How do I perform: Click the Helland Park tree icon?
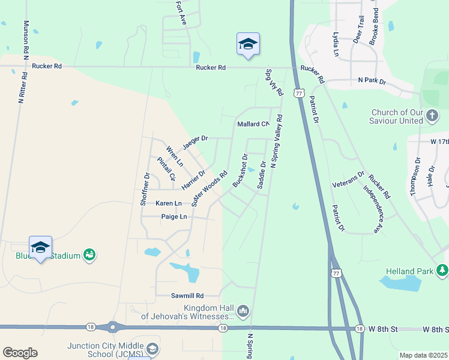(x=442, y=271)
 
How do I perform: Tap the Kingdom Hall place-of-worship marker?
(x=243, y=311)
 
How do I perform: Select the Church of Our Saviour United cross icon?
(x=431, y=116)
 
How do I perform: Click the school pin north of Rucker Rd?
(x=248, y=44)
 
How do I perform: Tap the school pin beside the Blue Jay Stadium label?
(x=41, y=248)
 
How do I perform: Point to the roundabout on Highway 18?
(x=112, y=328)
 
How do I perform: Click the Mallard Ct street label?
(x=253, y=125)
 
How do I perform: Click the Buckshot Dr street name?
(x=240, y=171)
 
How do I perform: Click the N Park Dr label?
(x=372, y=80)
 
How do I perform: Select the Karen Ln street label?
(x=169, y=204)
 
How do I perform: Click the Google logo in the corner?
(x=20, y=353)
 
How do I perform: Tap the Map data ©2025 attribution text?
(x=423, y=355)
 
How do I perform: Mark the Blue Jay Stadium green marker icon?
(x=89, y=256)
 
